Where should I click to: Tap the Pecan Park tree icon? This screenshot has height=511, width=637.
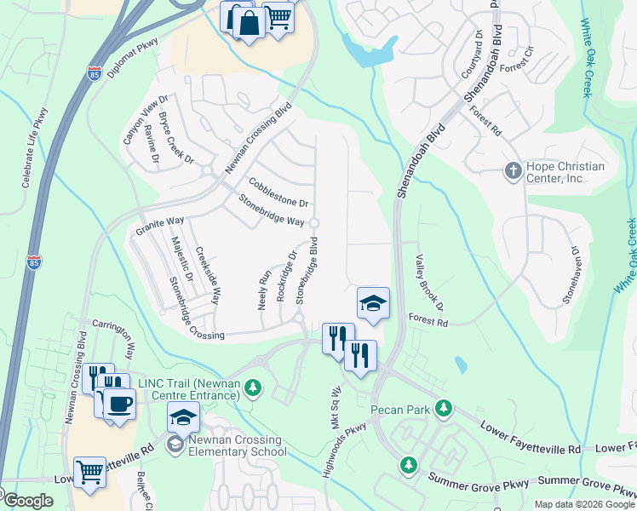(x=443, y=410)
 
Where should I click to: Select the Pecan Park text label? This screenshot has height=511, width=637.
(x=405, y=410)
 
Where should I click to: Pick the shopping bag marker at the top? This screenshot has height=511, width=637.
(x=250, y=23)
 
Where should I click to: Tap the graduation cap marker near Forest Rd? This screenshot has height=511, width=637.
(x=372, y=303)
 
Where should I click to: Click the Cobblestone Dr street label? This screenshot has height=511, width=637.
(x=278, y=192)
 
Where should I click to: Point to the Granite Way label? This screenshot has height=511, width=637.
(x=160, y=227)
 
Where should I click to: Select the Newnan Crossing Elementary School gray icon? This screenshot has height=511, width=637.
(x=175, y=443)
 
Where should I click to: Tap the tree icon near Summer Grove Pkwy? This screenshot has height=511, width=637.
(x=409, y=464)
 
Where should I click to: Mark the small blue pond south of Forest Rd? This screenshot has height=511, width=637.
(x=461, y=365)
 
